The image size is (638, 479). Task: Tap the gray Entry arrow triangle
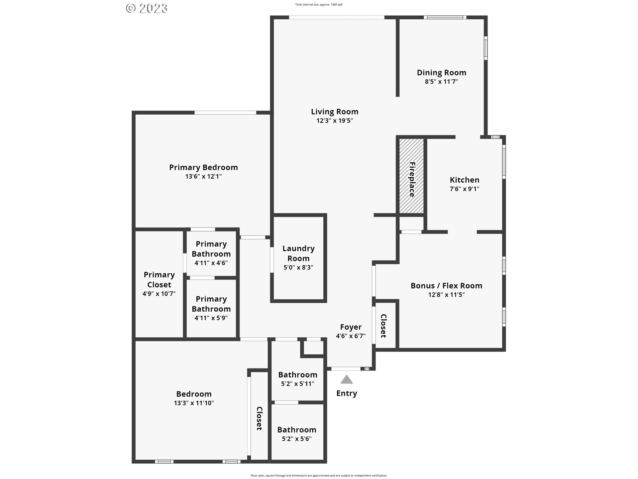pos(346,380)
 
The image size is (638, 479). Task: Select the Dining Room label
pos(441,73)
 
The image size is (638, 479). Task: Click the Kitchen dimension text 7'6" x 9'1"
pos(464,189)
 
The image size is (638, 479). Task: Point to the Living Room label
pos(334,112)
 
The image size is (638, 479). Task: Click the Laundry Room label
pos(298,253)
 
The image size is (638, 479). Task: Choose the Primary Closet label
pos(159,279)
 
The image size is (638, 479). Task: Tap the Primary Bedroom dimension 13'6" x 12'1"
pos(203,177)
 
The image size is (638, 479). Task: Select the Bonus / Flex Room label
pos(446,286)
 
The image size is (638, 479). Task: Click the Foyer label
pos(351,327)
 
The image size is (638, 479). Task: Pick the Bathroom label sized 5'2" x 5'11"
pos(297,375)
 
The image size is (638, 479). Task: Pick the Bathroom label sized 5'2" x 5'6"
pos(296,430)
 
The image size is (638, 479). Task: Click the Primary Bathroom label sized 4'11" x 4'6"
pos(211,249)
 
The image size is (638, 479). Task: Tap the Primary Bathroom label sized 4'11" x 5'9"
pos(211,304)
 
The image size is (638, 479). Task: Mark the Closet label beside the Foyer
pos(383,326)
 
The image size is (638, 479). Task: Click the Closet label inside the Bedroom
pos(259,418)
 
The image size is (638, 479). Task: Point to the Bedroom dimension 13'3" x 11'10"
pos(194,403)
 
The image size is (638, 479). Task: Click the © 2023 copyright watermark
pos(147,8)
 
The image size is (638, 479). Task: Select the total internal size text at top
pos(319,5)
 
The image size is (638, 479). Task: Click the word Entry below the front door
pos(346,393)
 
